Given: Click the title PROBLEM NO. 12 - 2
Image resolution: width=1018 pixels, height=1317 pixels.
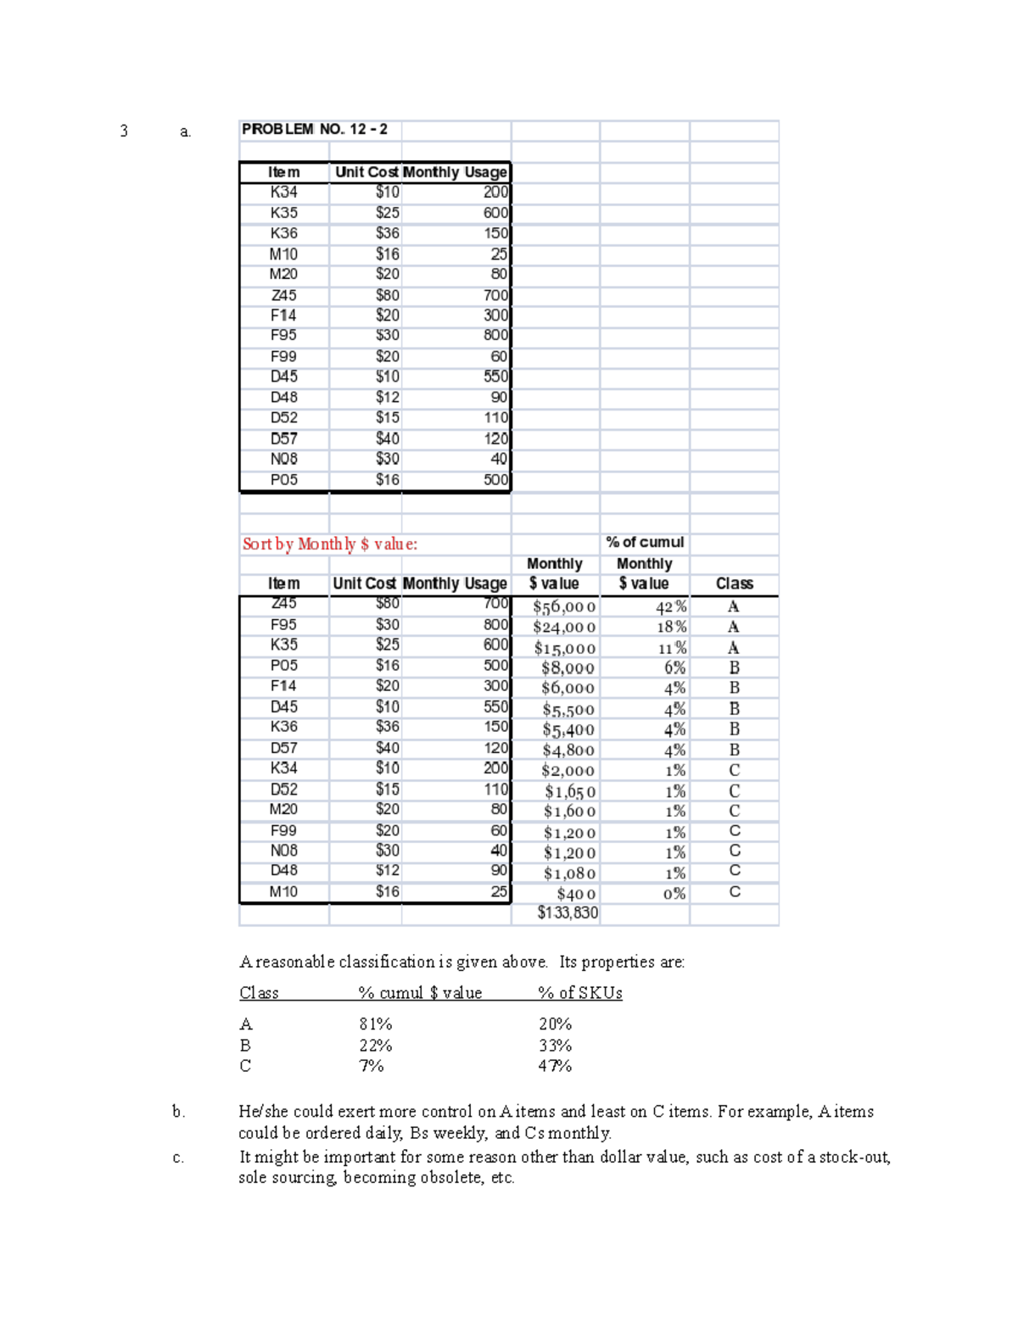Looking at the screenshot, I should pyautogui.click(x=315, y=130).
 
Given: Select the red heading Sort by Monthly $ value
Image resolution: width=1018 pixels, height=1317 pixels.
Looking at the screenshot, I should pyautogui.click(x=329, y=544).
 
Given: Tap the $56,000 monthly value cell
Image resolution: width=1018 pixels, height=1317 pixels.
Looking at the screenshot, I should pyautogui.click(x=564, y=607).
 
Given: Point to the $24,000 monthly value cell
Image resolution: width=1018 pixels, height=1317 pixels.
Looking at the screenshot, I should pyautogui.click(x=564, y=628).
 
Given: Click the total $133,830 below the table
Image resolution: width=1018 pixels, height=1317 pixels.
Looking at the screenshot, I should pyautogui.click(x=568, y=912).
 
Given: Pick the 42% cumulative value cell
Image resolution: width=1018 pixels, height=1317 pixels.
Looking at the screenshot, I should pyautogui.click(x=670, y=607).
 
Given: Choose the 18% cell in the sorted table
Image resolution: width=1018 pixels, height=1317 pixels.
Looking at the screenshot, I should pyautogui.click(x=671, y=628).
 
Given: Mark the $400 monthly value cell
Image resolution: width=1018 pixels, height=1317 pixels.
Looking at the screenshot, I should pyautogui.click(x=576, y=894).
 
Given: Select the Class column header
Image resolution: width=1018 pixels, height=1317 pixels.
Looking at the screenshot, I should pyautogui.click(x=734, y=583).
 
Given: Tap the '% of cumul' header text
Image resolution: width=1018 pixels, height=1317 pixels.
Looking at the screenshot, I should pyautogui.click(x=645, y=543).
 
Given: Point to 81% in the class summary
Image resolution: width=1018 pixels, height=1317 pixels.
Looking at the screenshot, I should pyautogui.click(x=375, y=1024).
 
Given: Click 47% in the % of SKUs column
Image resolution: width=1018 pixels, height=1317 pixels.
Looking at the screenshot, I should pyautogui.click(x=555, y=1066).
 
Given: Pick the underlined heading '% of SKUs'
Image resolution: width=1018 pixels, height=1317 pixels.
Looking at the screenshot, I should pyautogui.click(x=579, y=993).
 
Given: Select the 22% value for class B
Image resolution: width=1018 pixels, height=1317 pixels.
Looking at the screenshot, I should pyautogui.click(x=375, y=1046).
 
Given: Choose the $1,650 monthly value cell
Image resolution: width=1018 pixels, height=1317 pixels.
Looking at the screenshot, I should pyautogui.click(x=570, y=792).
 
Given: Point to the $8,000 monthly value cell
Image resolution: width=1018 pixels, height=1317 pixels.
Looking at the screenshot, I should pyautogui.click(x=568, y=668).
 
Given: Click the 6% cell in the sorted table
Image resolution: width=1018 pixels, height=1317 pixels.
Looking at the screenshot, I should pyautogui.click(x=674, y=668).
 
